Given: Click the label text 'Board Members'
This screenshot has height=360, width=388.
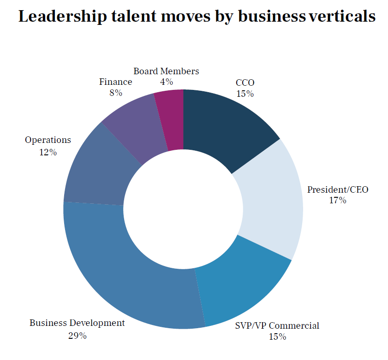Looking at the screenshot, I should pos(166,71).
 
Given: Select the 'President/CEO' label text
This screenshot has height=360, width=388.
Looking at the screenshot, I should pos(338,189).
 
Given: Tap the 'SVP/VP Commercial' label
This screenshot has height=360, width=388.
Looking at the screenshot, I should pos(277,326).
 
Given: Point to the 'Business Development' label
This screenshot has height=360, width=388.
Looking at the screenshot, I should pos(77,323).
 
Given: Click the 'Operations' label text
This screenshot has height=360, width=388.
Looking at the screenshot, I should pos(48,140).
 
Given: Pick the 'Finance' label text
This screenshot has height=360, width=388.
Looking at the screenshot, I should pos(115,82).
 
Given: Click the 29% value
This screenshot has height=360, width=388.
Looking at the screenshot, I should pos(77,335).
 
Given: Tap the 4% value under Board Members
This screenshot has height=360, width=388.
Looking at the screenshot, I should pos(166,82).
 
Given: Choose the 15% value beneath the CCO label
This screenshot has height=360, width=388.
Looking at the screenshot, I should pos(245,94).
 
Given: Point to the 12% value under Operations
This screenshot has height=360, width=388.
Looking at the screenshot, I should pos(48,152).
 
